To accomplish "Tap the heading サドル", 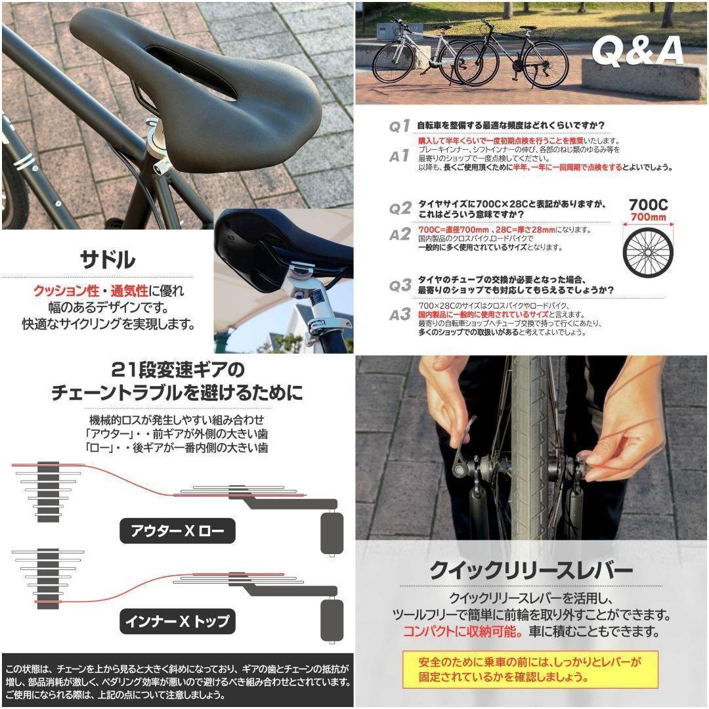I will pos(107,259).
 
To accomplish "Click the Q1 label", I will pos(399,125).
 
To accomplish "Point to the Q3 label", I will pos(399,286).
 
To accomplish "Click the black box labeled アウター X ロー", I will pos(177,530).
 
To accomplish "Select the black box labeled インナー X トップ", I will pos(177,620).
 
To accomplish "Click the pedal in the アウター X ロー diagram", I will pos(332,532).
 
